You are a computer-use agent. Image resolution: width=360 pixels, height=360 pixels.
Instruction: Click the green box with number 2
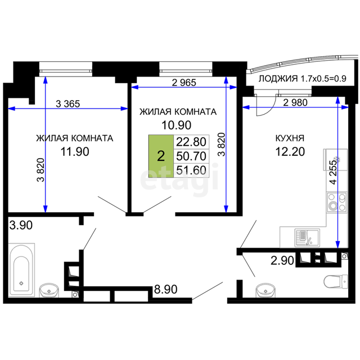pos(161,156)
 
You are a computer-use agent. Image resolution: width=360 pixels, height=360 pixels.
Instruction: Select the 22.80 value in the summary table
pos(191,142)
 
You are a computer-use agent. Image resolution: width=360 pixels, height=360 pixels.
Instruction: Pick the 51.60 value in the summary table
pos(191,170)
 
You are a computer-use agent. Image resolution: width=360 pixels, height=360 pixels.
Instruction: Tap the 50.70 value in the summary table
pos(191,156)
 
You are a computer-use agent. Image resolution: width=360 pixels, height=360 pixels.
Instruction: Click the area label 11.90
pos(75,152)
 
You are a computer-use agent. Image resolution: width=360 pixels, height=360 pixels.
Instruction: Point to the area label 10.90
pos(176,125)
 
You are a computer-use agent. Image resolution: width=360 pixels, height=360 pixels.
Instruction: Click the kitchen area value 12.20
pos(290,152)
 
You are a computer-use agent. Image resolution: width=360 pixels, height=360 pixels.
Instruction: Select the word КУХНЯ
pos(290,138)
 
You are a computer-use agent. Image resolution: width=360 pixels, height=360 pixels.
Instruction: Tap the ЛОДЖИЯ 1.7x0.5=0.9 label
pos(303,79)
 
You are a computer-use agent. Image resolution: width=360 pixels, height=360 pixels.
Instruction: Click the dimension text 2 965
pos(184,83)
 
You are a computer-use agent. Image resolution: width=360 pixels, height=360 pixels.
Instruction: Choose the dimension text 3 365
pos(68,104)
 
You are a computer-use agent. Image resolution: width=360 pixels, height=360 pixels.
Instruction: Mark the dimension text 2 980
pos(295,102)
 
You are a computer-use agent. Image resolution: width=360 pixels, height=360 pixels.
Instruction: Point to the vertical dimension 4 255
pos(333,172)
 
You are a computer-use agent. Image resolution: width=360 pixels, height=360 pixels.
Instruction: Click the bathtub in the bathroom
pos(21,270)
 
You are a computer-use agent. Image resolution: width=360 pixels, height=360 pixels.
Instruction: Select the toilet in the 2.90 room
pos(336,281)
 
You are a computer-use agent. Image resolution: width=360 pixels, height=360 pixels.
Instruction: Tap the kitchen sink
pos(307,237)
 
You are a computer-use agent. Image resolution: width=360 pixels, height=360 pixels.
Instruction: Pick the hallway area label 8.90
pos(165,289)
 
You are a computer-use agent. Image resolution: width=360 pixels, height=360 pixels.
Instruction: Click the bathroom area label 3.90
pos(21,225)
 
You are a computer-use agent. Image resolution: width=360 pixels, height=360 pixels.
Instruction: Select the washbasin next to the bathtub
pos(49,290)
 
